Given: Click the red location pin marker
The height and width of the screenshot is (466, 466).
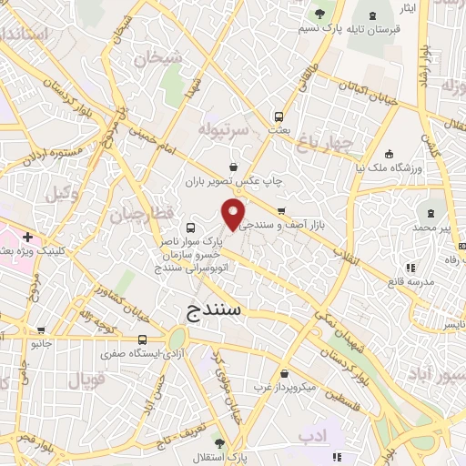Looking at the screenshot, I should tap(234, 215).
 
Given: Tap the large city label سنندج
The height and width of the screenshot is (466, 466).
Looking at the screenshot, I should tap(213, 309).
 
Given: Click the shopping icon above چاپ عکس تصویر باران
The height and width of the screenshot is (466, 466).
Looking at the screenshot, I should tap(235, 167).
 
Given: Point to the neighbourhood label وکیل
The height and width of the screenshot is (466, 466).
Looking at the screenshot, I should tap(56, 193).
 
